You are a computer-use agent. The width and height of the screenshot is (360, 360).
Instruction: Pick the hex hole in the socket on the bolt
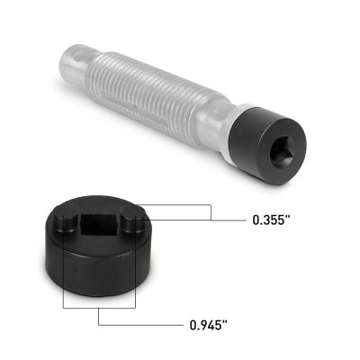274,149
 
